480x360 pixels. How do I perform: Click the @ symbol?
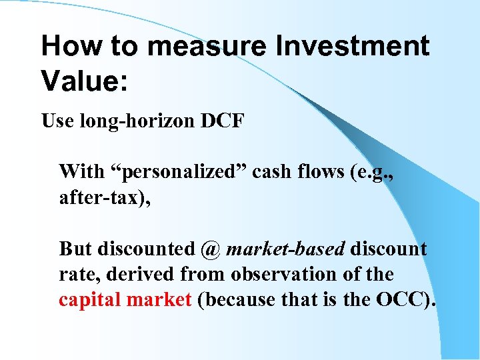(209, 249)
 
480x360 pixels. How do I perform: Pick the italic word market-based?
(285, 249)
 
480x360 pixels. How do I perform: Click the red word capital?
(91, 300)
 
